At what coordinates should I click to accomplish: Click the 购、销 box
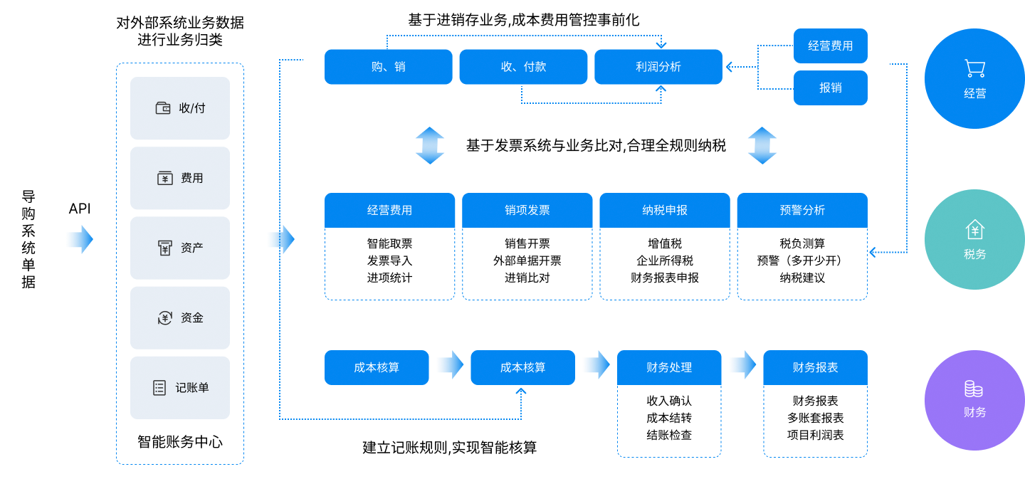(388, 67)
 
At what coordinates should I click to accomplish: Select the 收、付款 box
(523, 67)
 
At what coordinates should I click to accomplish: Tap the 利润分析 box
(658, 67)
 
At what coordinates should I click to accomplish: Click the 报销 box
(830, 88)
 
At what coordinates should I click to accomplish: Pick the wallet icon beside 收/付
(163, 108)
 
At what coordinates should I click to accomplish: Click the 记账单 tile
(180, 388)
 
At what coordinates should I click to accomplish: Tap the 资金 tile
(180, 318)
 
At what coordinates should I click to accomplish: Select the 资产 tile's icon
(164, 248)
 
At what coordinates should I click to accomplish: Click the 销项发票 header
(527, 211)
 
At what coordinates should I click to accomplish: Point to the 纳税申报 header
(664, 211)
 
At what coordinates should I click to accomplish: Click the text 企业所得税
(664, 260)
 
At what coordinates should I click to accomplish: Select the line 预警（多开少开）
(802, 260)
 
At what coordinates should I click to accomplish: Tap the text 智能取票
(389, 243)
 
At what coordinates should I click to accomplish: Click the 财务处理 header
(668, 368)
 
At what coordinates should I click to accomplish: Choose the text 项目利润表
(815, 435)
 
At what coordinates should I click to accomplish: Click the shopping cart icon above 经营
(974, 68)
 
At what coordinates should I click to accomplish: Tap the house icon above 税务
(974, 229)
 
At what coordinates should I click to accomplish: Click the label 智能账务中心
(180, 442)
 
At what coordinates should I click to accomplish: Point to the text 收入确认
(668, 401)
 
